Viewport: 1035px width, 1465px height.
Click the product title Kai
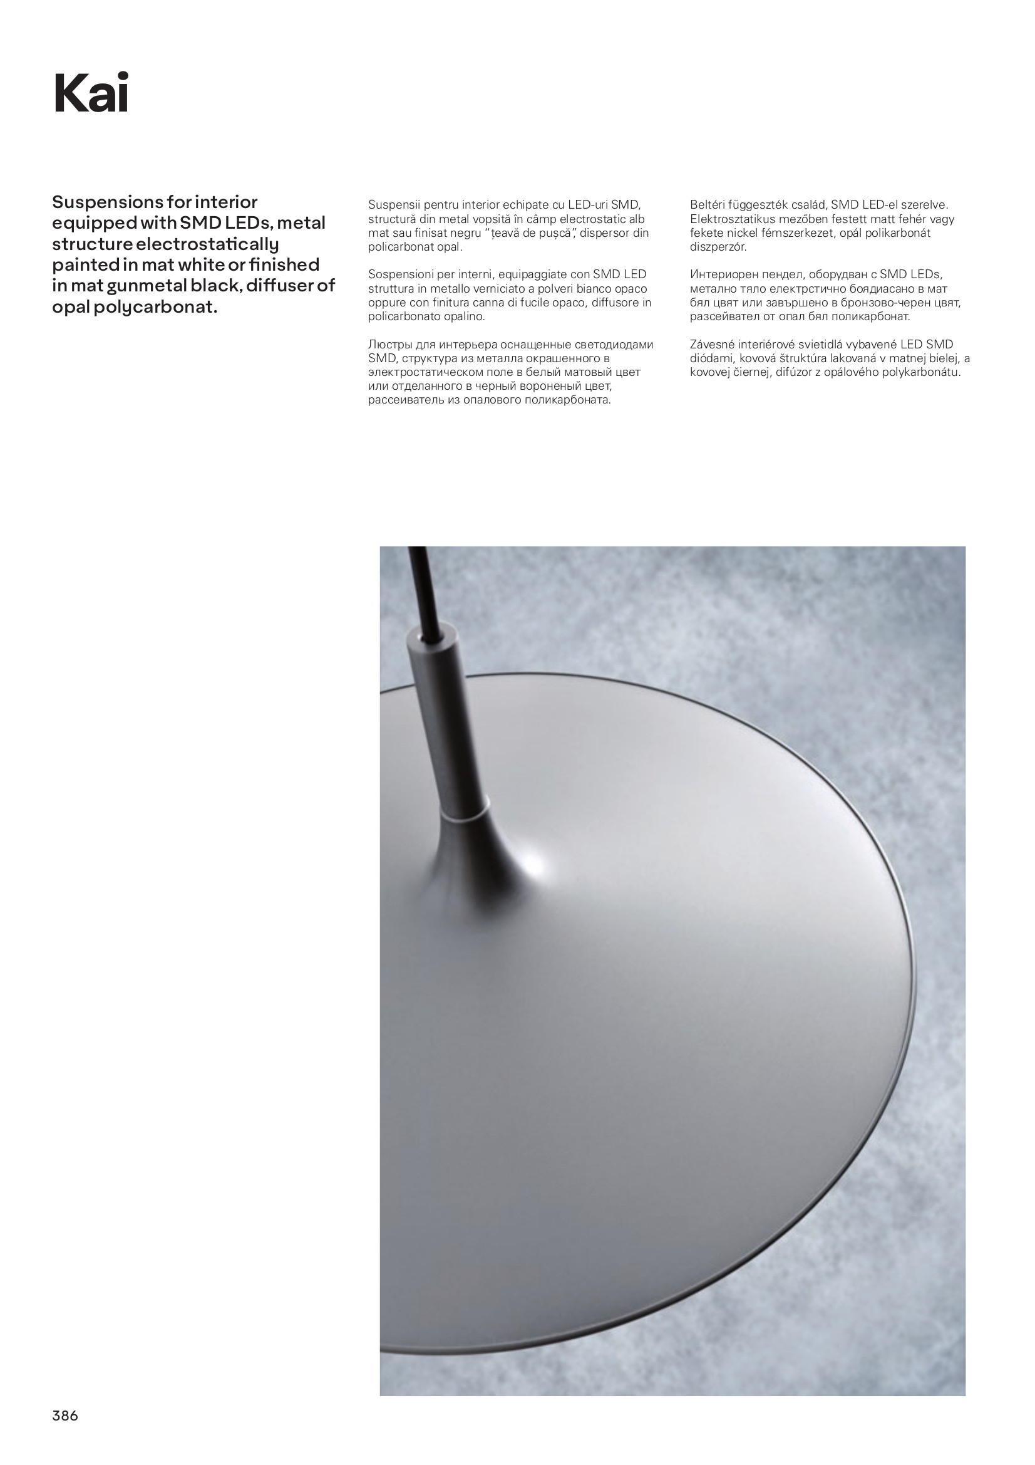pos(91,93)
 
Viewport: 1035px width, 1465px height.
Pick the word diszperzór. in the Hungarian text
pos(718,247)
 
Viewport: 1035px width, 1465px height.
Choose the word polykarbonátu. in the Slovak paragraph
pos(921,373)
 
